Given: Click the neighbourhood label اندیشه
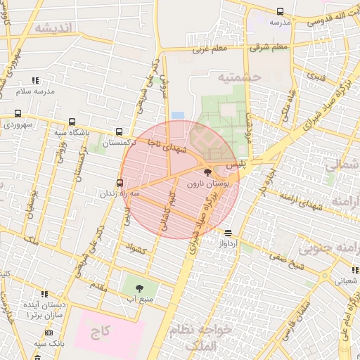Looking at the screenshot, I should (53, 28).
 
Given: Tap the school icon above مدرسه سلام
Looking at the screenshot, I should (35, 81).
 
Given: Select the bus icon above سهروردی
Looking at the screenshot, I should (18, 113).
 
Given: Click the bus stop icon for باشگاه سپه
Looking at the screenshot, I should (72, 121).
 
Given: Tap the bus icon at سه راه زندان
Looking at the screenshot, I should (120, 183).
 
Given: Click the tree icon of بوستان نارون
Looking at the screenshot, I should (207, 172).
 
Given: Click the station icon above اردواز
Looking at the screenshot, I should (228, 232).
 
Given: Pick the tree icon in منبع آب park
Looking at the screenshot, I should (139, 288).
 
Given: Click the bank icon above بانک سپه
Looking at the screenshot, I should (49, 333).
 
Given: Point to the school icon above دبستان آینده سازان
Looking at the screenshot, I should (44, 294).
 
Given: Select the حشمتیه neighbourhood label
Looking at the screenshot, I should (239, 76).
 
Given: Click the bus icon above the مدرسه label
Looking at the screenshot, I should (280, 11).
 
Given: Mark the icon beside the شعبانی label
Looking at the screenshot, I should (355, 269).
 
